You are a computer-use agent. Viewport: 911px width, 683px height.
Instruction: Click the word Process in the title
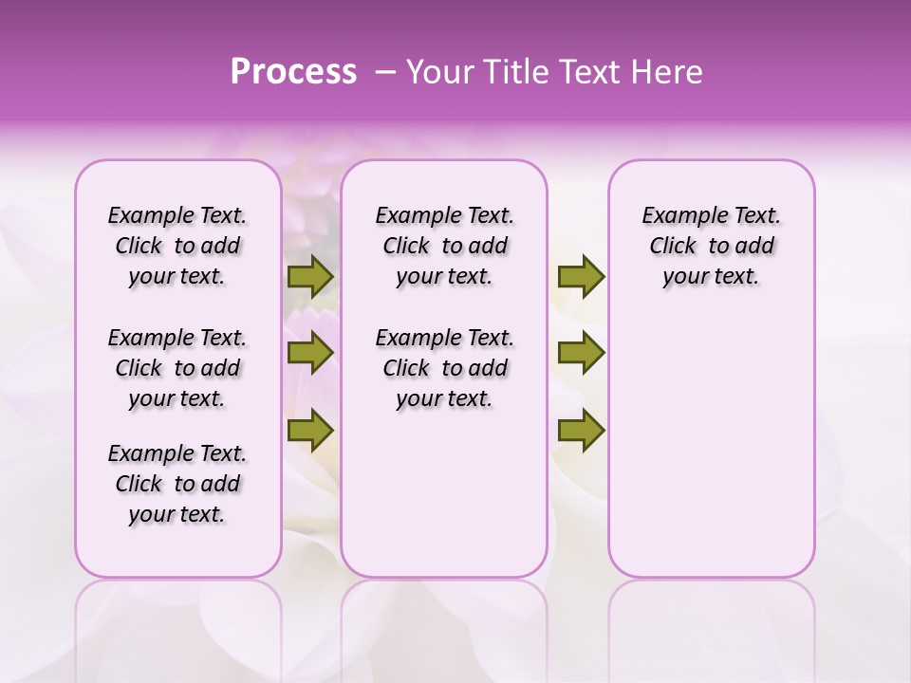coord(293,72)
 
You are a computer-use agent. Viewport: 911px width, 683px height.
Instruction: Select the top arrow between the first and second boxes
coord(310,277)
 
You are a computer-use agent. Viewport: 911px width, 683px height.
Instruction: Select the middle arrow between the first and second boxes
coord(310,354)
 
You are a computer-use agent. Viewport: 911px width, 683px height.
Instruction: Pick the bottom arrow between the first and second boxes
coord(310,431)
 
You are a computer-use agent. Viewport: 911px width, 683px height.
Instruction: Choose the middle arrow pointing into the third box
coord(581,354)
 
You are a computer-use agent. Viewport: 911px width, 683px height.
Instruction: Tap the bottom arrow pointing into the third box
coord(581,431)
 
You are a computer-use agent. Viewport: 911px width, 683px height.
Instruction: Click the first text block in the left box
coord(177,246)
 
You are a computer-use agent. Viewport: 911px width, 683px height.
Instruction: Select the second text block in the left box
coord(177,368)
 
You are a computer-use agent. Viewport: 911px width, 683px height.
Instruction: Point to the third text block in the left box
coord(177,484)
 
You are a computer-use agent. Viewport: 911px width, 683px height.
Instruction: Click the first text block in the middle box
coord(444,246)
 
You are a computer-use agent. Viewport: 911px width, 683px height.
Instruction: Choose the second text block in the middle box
coord(444,368)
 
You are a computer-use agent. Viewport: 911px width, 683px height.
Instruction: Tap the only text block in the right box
coord(712,246)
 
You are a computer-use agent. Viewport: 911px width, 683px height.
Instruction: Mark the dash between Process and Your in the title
coord(386,72)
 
